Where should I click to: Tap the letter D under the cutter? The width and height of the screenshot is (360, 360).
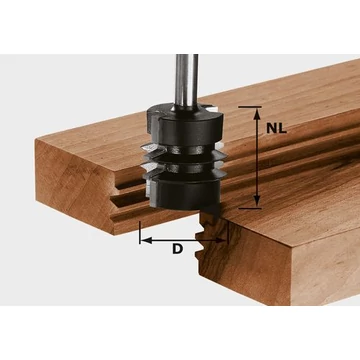coord(177,248)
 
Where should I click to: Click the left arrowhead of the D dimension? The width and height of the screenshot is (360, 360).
coord(142,239)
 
